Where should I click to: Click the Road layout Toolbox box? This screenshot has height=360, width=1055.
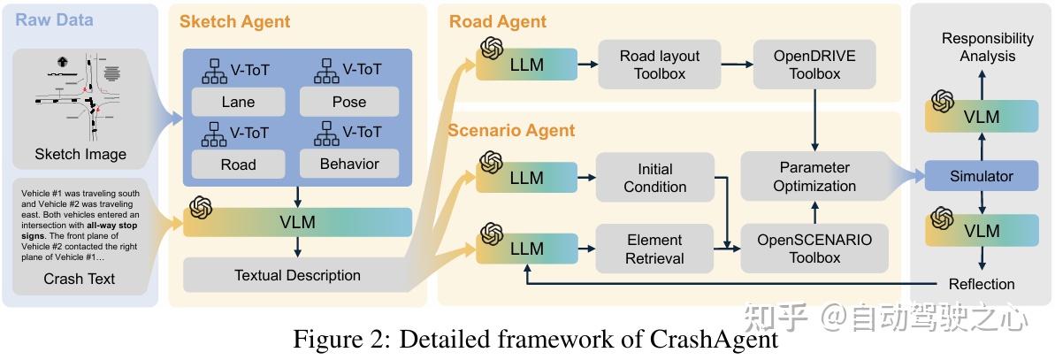(x=660, y=65)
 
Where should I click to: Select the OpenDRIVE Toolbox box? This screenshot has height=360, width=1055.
(x=814, y=65)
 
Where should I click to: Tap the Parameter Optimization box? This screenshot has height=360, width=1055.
(x=814, y=176)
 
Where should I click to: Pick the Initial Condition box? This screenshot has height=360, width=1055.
(x=654, y=177)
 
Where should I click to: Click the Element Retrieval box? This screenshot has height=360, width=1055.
(x=654, y=249)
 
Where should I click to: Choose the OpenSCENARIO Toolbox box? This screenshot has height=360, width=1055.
(x=814, y=249)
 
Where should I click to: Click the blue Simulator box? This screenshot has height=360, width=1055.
(x=981, y=176)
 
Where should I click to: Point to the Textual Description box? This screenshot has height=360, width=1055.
(x=297, y=275)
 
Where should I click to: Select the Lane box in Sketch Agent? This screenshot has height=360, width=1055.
(x=238, y=102)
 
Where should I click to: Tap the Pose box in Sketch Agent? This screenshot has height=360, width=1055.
(x=348, y=102)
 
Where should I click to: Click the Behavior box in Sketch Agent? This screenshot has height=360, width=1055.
(x=348, y=164)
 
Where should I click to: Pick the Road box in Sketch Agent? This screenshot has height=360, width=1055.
(x=238, y=164)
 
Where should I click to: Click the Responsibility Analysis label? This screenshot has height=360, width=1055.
(x=987, y=47)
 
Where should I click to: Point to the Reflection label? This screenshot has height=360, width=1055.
(x=981, y=284)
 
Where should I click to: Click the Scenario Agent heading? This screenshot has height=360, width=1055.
(x=511, y=130)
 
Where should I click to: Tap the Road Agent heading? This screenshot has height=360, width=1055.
(x=497, y=21)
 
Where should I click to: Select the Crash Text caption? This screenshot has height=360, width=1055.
(x=80, y=280)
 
